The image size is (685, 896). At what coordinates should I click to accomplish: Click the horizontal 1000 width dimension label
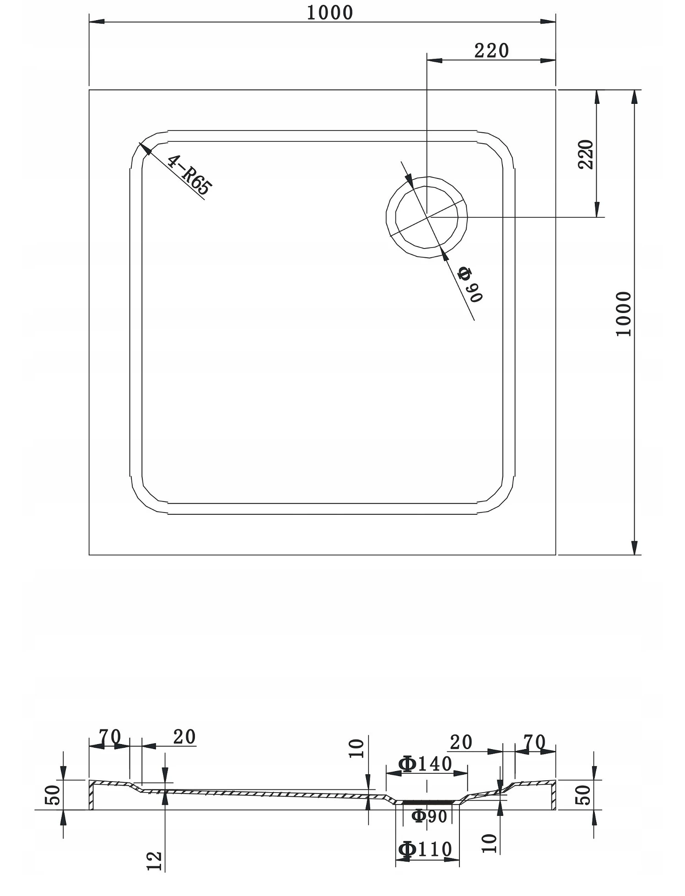click(329, 13)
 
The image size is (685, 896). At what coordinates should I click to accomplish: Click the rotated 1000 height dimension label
click(623, 313)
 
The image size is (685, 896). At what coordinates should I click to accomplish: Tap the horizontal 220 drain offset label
click(491, 51)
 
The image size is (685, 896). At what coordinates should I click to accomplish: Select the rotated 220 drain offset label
click(586, 155)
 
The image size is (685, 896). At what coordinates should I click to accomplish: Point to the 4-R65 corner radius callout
click(189, 175)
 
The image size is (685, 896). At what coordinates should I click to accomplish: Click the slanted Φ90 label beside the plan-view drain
click(470, 284)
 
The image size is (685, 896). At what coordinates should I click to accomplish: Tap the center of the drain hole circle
click(427, 217)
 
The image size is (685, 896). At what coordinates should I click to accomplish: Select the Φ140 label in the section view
click(425, 764)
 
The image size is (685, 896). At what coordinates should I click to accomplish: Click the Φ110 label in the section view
click(425, 849)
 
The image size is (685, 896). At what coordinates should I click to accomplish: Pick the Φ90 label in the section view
click(429, 816)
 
